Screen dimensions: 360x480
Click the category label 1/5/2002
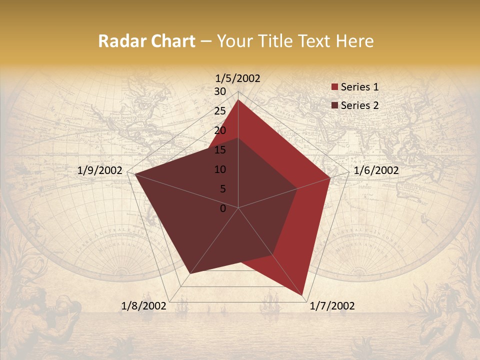tap(238, 78)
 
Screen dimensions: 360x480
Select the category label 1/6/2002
tap(376, 170)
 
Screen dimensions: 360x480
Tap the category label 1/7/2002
tap(332, 306)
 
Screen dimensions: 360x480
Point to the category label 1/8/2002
tap(144, 306)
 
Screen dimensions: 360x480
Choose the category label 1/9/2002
tap(100, 170)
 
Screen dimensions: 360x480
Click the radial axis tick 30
tap(220, 91)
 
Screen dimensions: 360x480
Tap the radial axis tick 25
tap(220, 111)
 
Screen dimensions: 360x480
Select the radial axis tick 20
tap(220, 130)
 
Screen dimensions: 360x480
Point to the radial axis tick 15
tap(220, 150)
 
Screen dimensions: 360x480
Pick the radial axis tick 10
tap(220, 169)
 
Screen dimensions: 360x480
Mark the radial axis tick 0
tap(223, 208)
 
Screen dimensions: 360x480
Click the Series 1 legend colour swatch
tap(335, 87)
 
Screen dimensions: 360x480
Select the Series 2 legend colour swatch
tap(335, 105)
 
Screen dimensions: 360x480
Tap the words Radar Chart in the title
tap(146, 41)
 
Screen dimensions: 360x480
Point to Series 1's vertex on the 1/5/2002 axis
tap(238, 100)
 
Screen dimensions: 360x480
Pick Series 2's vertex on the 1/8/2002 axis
tap(190, 273)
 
